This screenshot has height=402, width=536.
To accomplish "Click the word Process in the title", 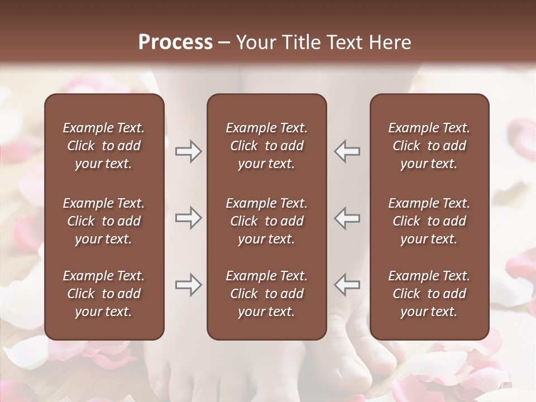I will [x=175, y=42].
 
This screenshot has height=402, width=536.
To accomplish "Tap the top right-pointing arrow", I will [x=188, y=151].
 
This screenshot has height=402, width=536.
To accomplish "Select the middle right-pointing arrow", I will [x=188, y=218].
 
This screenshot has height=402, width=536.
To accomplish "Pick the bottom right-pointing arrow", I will [x=188, y=285].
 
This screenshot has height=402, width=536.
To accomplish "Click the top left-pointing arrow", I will [x=347, y=151].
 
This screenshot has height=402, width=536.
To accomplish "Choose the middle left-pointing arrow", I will [x=347, y=218].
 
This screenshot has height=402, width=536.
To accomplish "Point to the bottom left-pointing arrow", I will [x=347, y=285].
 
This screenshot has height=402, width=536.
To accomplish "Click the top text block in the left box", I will [x=104, y=146].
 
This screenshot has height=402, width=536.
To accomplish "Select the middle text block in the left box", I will [x=104, y=221].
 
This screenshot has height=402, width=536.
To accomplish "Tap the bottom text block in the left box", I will [x=104, y=294].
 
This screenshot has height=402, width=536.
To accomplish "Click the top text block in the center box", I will [x=266, y=146].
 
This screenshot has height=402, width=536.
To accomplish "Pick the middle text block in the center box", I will [x=266, y=221].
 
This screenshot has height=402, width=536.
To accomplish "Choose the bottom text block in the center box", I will [x=266, y=294].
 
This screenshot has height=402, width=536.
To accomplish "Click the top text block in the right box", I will [x=429, y=146].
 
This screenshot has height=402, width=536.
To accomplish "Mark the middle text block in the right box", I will [x=429, y=221].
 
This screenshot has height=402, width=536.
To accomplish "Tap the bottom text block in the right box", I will [x=429, y=294].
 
